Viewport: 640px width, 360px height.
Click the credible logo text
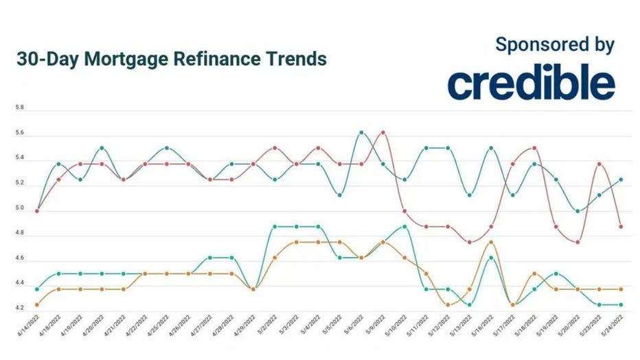[x=531, y=84]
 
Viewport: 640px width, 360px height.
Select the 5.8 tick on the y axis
[x=20, y=108]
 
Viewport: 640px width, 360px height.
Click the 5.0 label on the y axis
[x=20, y=209]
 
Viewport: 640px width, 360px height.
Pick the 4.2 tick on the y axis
[x=20, y=308]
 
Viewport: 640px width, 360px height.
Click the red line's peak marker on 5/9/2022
[x=382, y=132]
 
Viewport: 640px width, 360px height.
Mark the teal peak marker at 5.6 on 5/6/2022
[x=361, y=132]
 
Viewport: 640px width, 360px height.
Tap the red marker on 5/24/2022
[x=621, y=226]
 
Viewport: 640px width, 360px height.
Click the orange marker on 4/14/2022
[x=37, y=304]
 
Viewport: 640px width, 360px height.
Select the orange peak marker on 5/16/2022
[x=491, y=242]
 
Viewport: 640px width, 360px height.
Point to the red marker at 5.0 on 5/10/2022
[x=404, y=211]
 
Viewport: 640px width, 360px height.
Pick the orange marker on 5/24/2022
[x=621, y=289]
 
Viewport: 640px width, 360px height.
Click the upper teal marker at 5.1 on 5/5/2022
[x=339, y=195]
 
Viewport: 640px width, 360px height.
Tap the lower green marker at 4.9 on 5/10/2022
[x=404, y=227]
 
